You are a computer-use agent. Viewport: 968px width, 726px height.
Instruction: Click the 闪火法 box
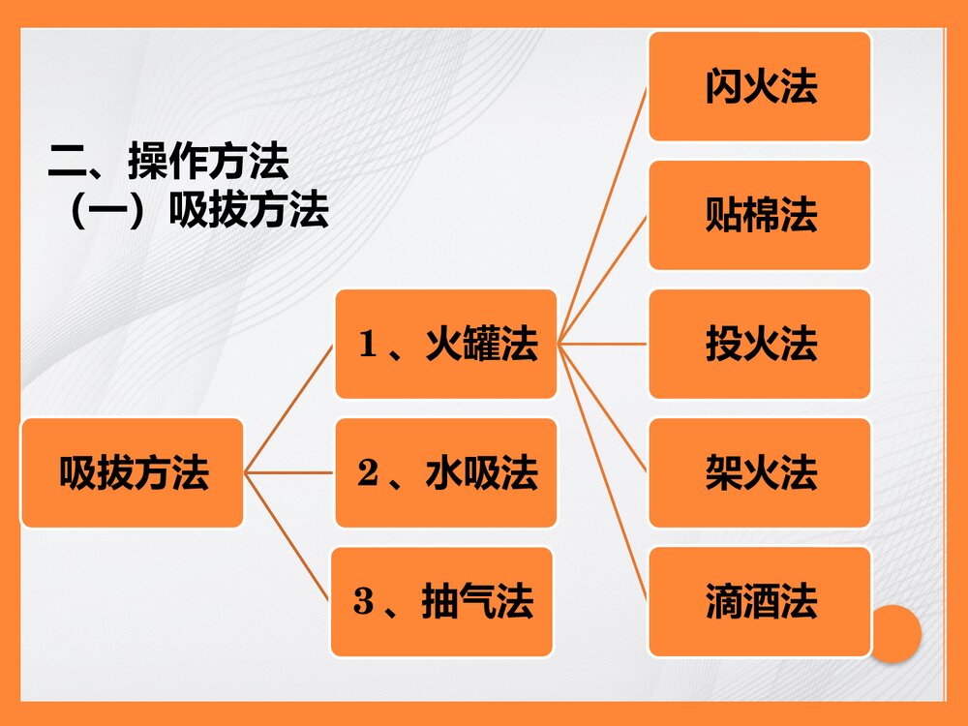[760, 86]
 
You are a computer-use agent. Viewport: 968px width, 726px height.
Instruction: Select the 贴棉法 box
[760, 215]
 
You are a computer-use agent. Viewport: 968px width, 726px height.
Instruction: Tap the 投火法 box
[760, 344]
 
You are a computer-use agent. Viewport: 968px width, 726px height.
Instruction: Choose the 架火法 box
[760, 472]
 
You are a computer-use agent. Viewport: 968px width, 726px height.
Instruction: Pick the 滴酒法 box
[760, 601]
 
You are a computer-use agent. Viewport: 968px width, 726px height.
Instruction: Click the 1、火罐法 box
[446, 344]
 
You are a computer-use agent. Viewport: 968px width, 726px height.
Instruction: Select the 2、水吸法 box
[446, 472]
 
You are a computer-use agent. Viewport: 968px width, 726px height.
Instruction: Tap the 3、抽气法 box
[442, 601]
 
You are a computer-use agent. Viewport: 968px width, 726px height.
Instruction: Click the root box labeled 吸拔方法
[133, 472]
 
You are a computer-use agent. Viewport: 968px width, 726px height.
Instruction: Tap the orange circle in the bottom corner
[894, 634]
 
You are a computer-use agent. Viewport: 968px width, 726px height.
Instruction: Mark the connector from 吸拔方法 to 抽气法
[287, 537]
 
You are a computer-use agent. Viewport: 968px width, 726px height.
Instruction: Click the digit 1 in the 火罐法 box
[366, 345]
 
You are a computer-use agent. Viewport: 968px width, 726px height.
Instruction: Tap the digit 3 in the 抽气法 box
[363, 602]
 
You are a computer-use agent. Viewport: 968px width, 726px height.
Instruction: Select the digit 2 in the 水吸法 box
[367, 473]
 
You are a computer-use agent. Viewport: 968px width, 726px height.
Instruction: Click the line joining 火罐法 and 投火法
[603, 344]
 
